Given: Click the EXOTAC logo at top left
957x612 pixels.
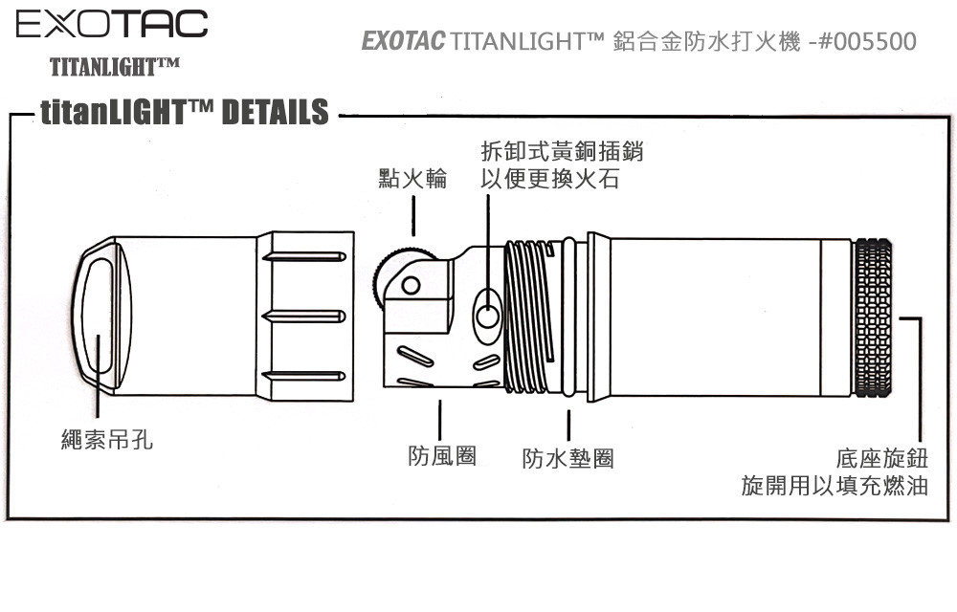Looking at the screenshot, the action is (112, 24).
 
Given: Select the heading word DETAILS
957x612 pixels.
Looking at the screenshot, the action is (276, 112).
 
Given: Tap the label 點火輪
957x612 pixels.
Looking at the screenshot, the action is (412, 179).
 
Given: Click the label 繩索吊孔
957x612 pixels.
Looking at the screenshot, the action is (107, 439).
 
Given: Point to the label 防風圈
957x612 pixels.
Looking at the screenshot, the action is (442, 455).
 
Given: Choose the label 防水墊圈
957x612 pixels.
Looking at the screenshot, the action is (568, 458).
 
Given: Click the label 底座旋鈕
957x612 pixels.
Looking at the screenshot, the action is (882, 458).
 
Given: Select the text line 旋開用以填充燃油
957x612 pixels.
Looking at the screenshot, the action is (835, 486).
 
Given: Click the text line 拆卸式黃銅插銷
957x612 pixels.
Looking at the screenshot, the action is (562, 151).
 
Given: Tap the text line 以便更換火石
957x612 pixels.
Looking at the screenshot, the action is (550, 179).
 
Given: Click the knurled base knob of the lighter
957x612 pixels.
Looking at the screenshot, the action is (872, 317).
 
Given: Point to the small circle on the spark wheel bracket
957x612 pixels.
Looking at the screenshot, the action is (411, 285).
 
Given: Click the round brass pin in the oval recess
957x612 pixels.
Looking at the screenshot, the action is (487, 317).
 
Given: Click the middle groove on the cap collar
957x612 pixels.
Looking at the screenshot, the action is (304, 317).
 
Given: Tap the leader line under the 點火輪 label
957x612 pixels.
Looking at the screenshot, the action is (413, 216).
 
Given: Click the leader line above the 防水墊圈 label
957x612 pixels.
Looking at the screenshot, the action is (568, 425).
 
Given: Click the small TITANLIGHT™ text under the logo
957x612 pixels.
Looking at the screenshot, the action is (115, 66).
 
